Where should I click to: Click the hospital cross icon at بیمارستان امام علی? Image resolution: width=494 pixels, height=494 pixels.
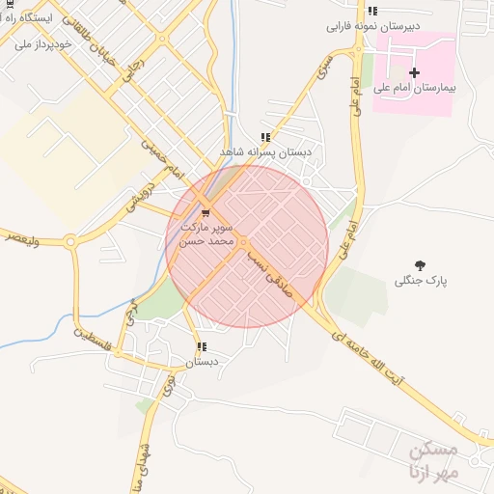[415, 72]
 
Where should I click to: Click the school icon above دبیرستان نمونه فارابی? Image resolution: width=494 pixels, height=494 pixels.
[372, 11]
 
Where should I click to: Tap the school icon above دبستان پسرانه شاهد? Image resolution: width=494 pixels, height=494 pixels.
[265, 137]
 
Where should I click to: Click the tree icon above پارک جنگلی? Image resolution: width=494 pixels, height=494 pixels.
[421, 264]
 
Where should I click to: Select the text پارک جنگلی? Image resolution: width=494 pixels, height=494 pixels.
[422, 281]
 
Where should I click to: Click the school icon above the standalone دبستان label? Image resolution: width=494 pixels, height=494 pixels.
[202, 346]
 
